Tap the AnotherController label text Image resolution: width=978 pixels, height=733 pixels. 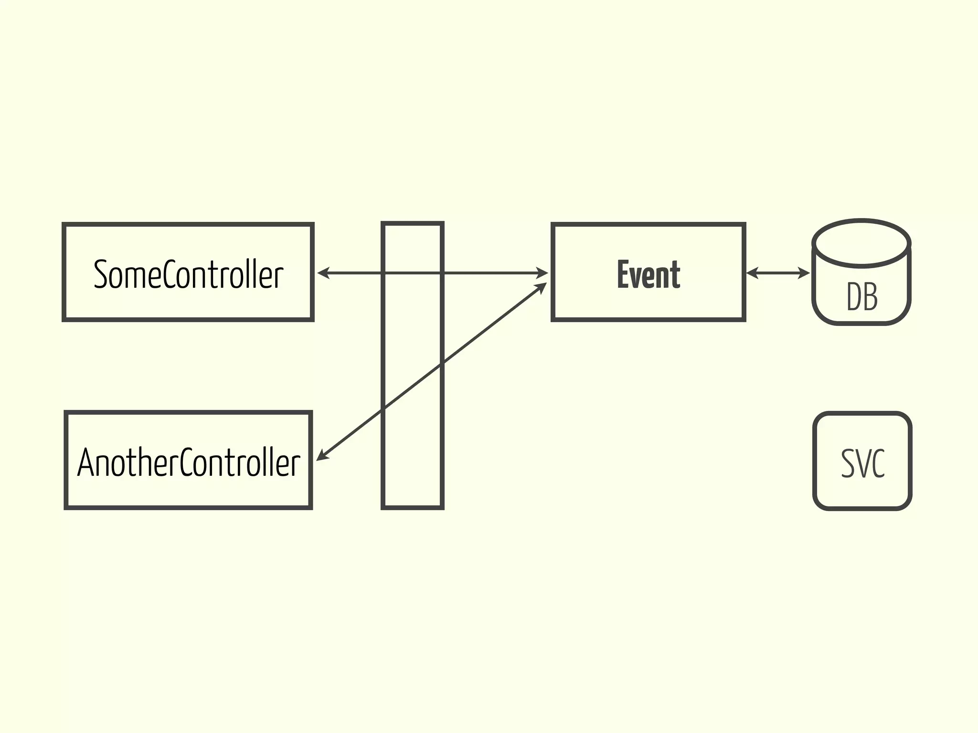[189, 462]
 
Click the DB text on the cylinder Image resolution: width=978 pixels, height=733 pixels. [862, 297]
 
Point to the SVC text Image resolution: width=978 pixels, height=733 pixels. [862, 463]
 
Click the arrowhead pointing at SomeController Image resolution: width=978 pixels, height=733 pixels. [323, 273]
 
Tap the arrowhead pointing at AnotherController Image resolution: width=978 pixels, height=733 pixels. [322, 456]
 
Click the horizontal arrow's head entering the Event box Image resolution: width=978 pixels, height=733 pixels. [542, 273]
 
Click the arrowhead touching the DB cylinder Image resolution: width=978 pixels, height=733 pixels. [805, 273]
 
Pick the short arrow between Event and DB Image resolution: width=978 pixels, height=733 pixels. [778, 273]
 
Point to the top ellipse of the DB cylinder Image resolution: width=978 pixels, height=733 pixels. [861, 243]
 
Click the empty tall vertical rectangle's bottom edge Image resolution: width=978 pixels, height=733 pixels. [413, 507]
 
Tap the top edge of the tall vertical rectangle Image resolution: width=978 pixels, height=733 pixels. [413, 223]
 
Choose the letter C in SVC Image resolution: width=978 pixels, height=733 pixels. [878, 463]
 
